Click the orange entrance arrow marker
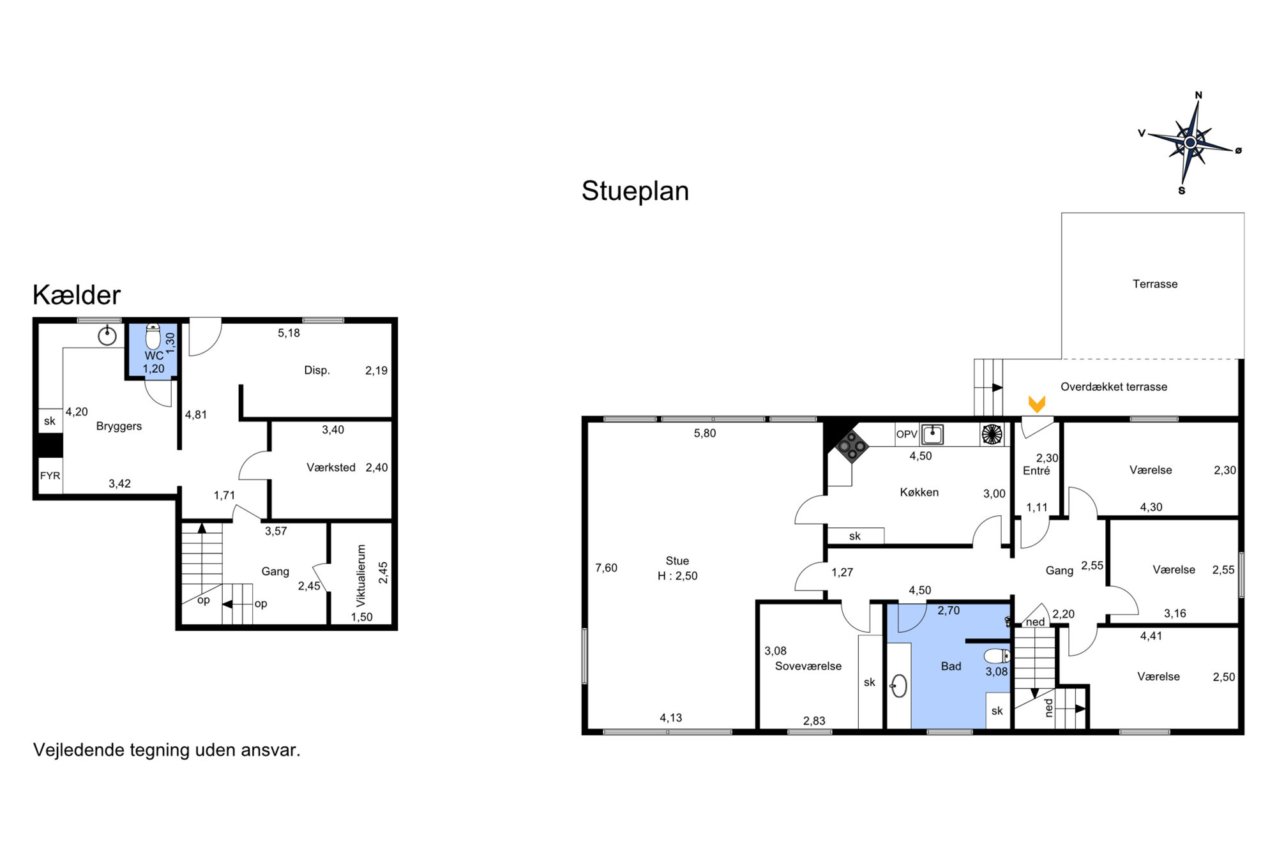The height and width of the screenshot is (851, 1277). tap(1037, 404)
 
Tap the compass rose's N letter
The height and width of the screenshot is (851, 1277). tap(1198, 95)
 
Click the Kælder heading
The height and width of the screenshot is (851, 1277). tap(77, 295)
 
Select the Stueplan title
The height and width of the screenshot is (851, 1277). tap(635, 191)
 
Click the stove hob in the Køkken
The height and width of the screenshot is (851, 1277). tap(852, 446)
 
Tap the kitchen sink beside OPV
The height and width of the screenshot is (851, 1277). tap(932, 434)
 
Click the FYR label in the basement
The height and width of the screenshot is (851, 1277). tap(50, 476)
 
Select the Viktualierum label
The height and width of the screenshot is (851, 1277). tap(361, 575)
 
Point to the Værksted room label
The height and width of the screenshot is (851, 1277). tap(331, 467)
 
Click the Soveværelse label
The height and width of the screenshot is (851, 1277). tap(808, 666)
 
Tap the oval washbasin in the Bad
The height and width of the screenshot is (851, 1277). tap(899, 686)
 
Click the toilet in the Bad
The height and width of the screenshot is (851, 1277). tap(997, 656)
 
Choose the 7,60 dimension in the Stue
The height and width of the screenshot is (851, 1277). tap(607, 568)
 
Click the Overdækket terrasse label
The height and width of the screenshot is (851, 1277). tap(1114, 387)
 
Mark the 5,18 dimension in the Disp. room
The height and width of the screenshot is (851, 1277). tap(289, 333)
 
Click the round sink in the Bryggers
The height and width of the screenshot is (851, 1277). tap(107, 335)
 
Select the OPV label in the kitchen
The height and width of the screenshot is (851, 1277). tap(907, 434)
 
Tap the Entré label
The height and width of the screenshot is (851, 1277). tap(1036, 471)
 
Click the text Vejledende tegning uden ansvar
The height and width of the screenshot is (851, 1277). tap(167, 749)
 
